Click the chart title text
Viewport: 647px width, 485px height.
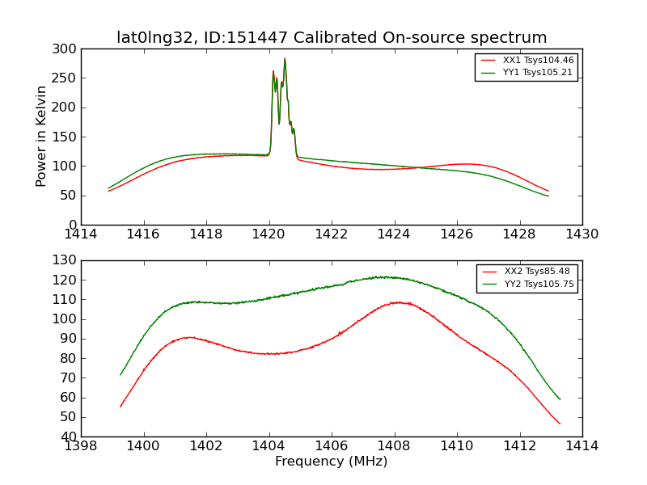[x=332, y=37]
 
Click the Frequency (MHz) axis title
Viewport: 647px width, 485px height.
[x=332, y=462]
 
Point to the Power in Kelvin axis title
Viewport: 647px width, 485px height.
[x=42, y=137]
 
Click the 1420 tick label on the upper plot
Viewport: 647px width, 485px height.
[x=269, y=234]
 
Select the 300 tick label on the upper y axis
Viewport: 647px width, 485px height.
[x=68, y=49]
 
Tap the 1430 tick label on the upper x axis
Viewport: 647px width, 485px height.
[x=581, y=234]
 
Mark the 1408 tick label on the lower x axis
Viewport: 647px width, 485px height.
[x=395, y=446]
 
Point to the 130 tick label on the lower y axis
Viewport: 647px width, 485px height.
[x=68, y=260]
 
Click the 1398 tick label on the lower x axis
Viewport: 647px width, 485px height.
[x=82, y=446]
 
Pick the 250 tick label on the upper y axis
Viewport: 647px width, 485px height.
[x=68, y=78]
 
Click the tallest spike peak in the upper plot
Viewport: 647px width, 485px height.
[x=285, y=59]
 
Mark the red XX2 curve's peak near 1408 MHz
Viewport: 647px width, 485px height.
[x=399, y=302]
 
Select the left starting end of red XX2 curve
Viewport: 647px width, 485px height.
[x=121, y=407]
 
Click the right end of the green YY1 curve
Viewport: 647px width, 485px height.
[x=548, y=196]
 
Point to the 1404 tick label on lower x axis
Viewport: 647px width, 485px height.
[x=269, y=446]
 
